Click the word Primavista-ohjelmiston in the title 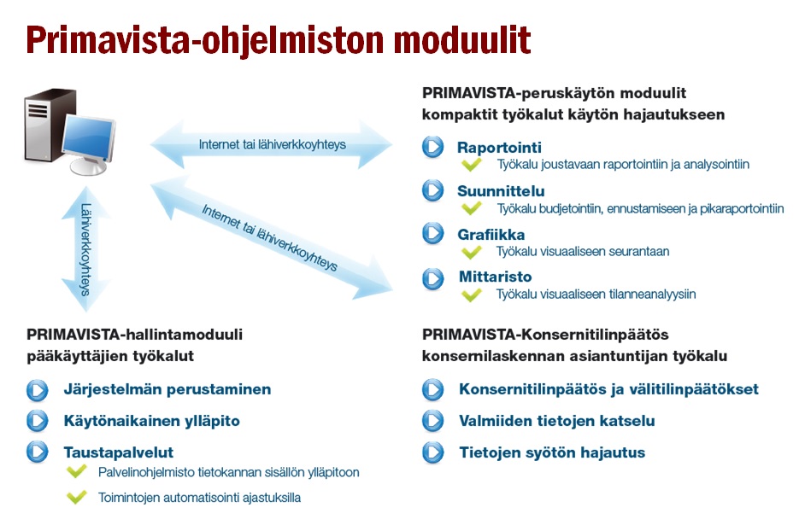(x=205, y=41)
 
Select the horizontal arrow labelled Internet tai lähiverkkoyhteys (x=272, y=144)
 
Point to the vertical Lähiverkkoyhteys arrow (x=85, y=249)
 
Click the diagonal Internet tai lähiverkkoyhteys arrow (x=271, y=238)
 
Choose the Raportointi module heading (x=499, y=148)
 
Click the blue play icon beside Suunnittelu (x=432, y=190)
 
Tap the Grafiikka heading (x=491, y=235)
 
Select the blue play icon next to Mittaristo (x=432, y=279)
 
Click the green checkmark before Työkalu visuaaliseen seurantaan (x=472, y=252)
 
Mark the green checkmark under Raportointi (x=472, y=165)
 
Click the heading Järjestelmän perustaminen (x=167, y=389)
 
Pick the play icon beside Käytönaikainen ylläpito (x=38, y=421)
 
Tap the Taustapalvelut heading (x=119, y=452)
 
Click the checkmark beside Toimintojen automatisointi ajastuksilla (x=77, y=496)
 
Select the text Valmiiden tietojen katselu (x=557, y=421)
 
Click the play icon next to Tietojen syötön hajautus (x=432, y=452)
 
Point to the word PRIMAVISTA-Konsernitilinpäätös (x=545, y=335)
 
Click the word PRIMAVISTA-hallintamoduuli (x=134, y=335)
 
